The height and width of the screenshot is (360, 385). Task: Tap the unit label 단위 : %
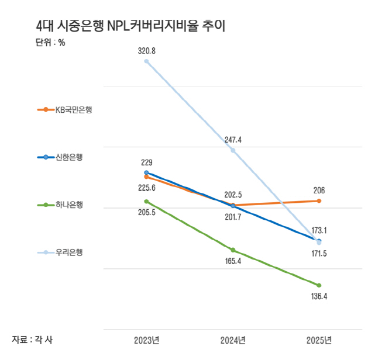click(x=50, y=42)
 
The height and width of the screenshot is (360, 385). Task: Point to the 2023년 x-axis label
click(x=146, y=340)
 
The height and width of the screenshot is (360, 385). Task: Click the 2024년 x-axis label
click(x=233, y=340)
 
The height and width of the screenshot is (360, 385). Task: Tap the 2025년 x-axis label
click(x=319, y=340)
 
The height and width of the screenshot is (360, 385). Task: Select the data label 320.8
click(x=146, y=51)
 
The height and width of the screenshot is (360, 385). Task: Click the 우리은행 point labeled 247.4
click(x=233, y=150)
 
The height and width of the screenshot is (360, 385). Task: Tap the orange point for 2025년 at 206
click(x=319, y=201)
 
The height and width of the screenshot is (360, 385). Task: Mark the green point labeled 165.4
click(x=233, y=250)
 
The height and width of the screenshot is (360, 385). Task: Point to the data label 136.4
click(x=319, y=296)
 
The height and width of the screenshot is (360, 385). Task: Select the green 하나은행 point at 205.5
click(x=146, y=202)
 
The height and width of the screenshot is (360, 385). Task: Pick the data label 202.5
click(x=233, y=195)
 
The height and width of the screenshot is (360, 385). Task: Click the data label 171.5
click(x=319, y=252)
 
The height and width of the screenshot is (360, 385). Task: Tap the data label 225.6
click(x=146, y=188)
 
